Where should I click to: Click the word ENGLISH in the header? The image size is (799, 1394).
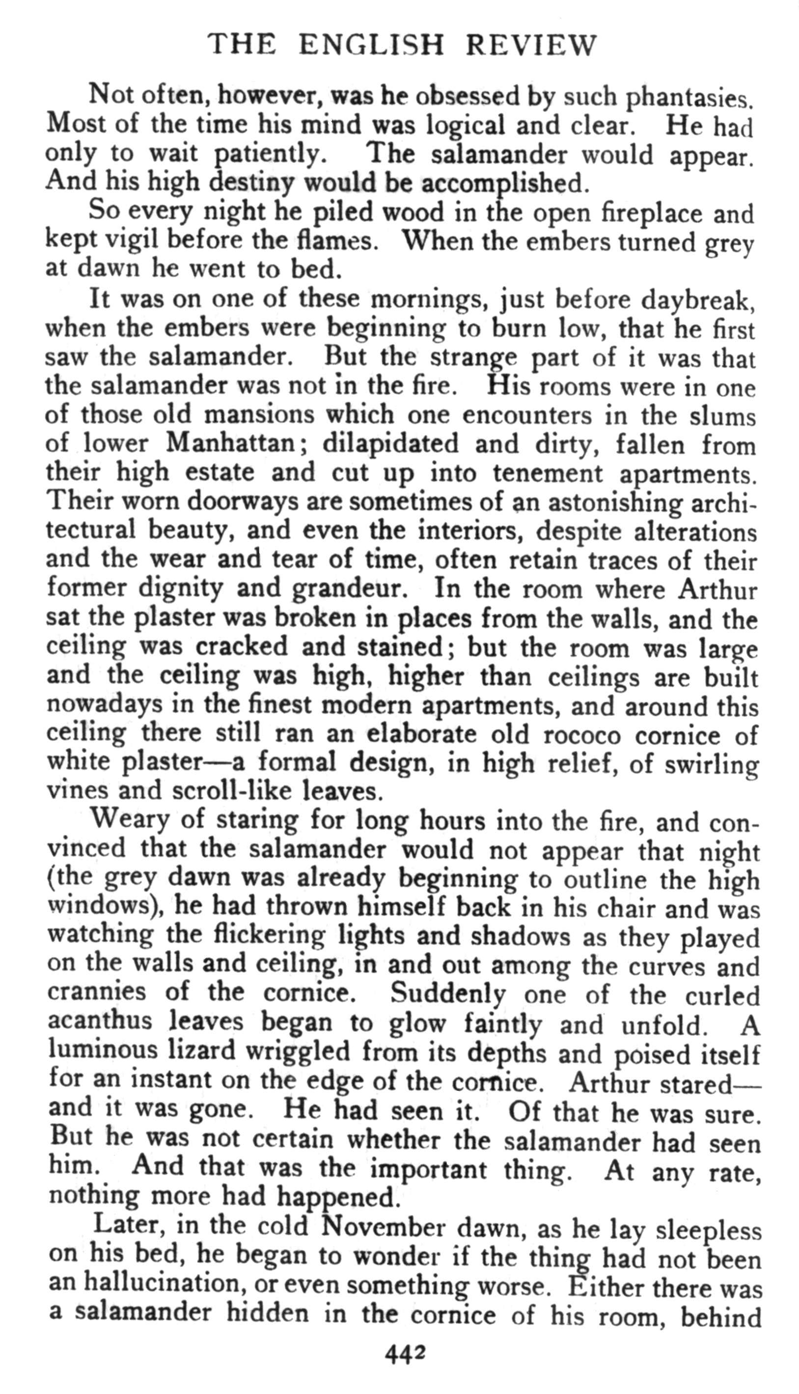coord(371,45)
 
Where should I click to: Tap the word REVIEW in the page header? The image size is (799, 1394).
coord(531,45)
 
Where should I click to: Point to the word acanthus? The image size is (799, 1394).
coord(99,1021)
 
